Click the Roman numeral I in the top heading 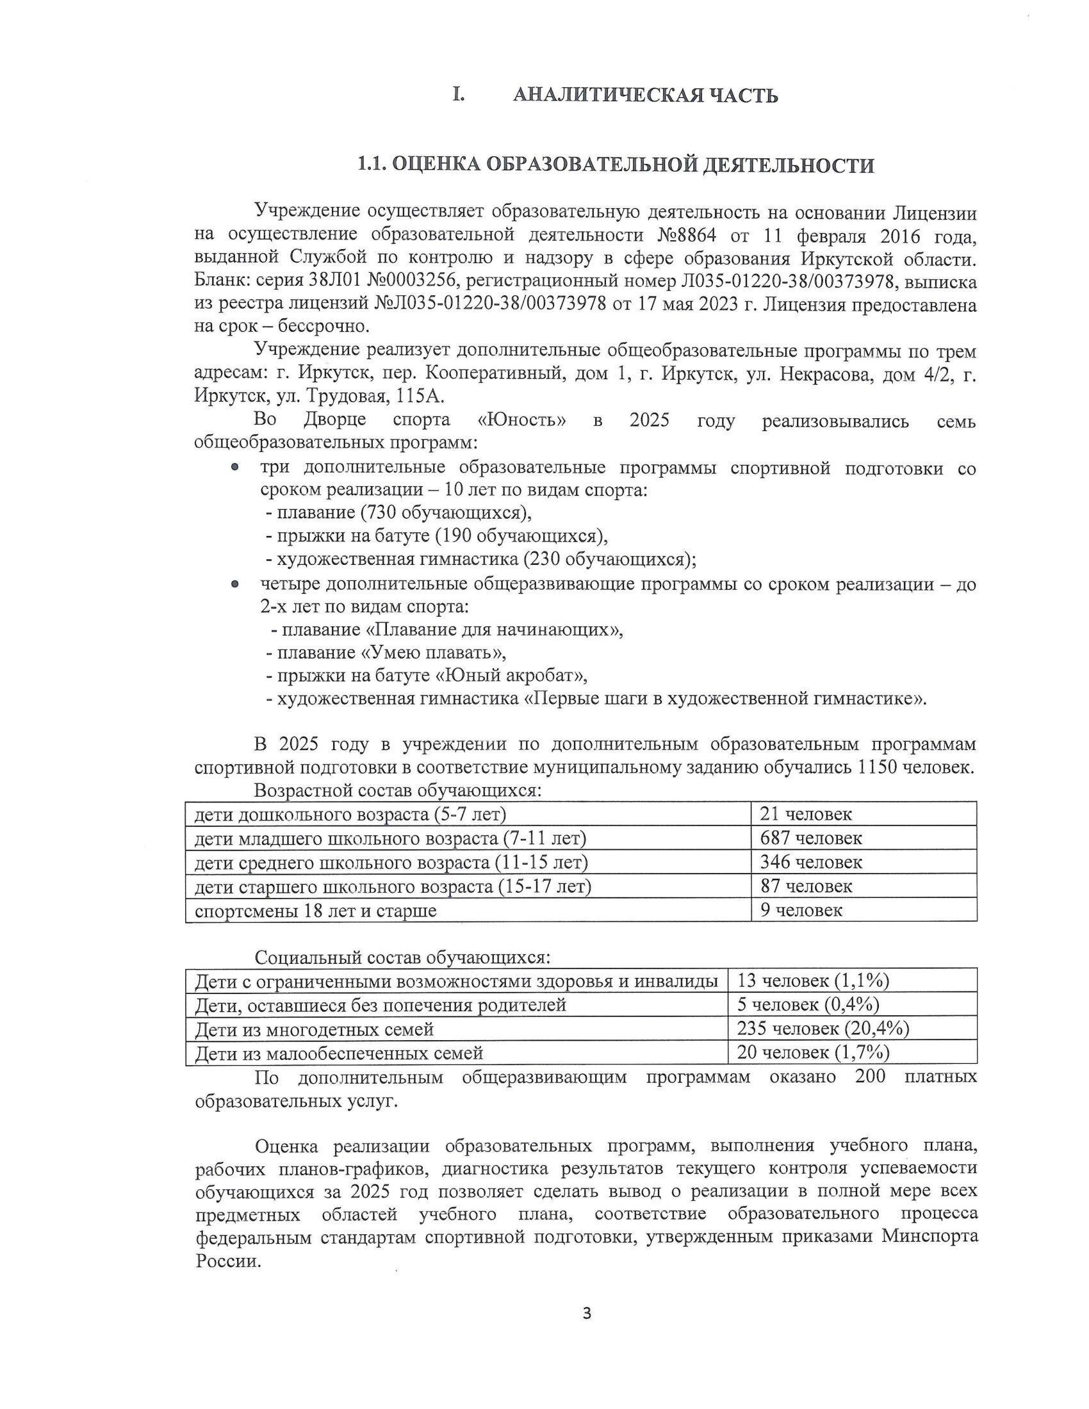pyautogui.click(x=458, y=95)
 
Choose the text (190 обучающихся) pyautogui.click(x=521, y=535)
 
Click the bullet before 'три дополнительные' pyautogui.click(x=236, y=467)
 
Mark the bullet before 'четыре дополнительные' pyautogui.click(x=236, y=584)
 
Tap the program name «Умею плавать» pyautogui.click(x=433, y=652)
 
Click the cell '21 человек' pyautogui.click(x=805, y=814)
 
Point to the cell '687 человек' pyautogui.click(x=810, y=838)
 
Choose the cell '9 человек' pyautogui.click(x=801, y=910)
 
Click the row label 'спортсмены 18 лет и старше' pyautogui.click(x=316, y=911)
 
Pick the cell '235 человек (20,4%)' pyautogui.click(x=823, y=1029)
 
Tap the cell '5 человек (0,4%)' pyautogui.click(x=808, y=1005)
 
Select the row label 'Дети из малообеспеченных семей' pyautogui.click(x=340, y=1054)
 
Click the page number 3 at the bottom pyautogui.click(x=586, y=1313)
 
